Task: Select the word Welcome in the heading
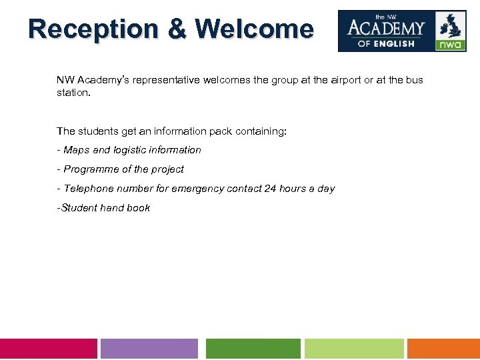click(254, 29)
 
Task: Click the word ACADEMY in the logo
click(386, 28)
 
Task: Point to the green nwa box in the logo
click(451, 45)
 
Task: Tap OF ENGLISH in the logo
click(386, 43)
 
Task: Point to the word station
click(73, 93)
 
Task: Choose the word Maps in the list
click(77, 150)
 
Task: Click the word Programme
click(91, 169)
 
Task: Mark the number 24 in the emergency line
click(270, 189)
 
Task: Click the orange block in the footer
click(443, 349)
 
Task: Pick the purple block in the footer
click(149, 349)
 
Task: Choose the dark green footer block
click(253, 349)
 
